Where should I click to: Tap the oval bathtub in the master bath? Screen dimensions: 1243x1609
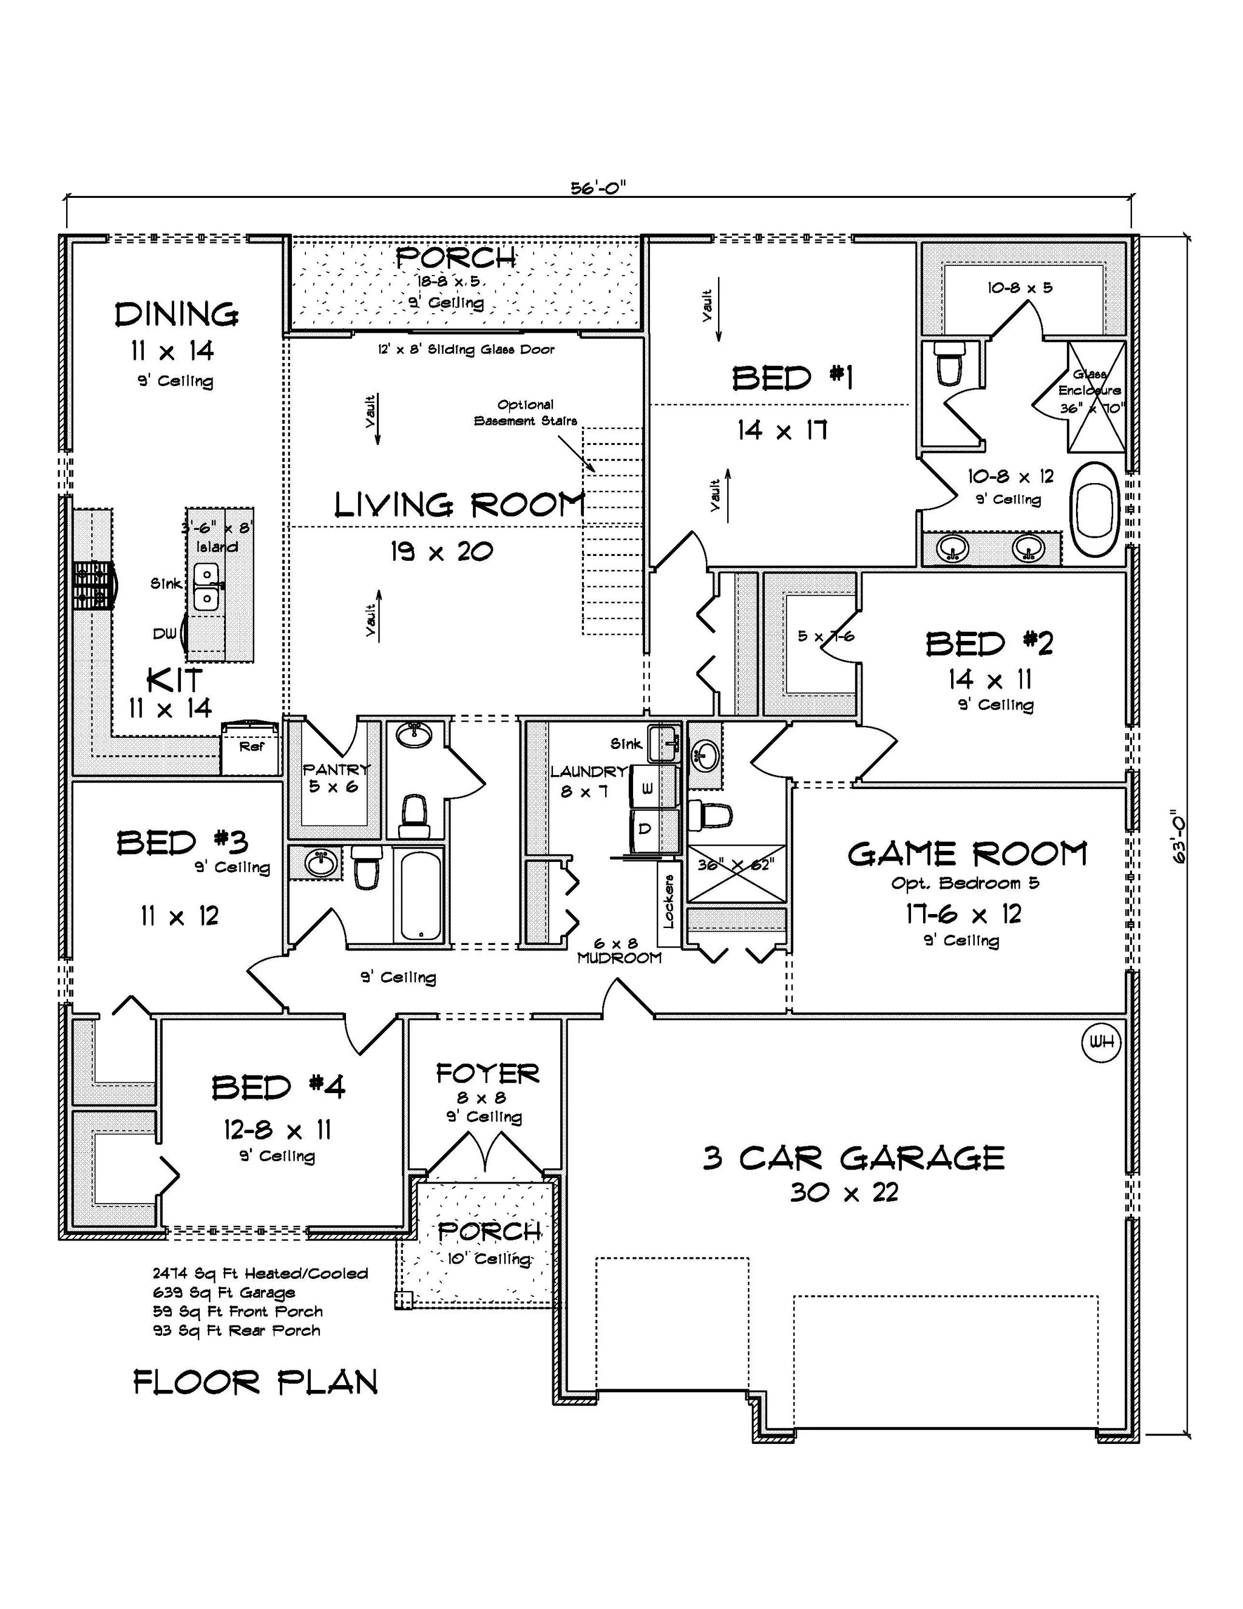tap(1095, 509)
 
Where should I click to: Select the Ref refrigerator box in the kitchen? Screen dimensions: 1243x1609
tap(251, 748)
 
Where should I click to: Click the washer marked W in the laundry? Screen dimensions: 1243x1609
tap(653, 788)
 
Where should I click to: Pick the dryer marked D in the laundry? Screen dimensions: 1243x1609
tap(653, 831)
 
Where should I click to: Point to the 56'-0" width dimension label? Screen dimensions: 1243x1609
tap(598, 188)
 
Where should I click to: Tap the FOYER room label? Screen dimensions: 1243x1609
tap(487, 1074)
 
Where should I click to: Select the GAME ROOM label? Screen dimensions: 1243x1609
tap(967, 854)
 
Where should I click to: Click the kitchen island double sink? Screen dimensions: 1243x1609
tap(206, 586)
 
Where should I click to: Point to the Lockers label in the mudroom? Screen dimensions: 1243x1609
tap(668, 900)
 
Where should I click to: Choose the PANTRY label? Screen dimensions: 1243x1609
tap(336, 769)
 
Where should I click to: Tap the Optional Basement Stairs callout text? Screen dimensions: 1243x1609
tap(526, 413)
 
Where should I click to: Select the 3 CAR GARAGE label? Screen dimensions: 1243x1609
tap(853, 1157)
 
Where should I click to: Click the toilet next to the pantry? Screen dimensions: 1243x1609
tap(415, 816)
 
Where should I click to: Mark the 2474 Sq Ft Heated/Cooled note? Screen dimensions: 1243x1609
tap(260, 1273)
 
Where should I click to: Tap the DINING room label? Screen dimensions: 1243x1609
tap(177, 314)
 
